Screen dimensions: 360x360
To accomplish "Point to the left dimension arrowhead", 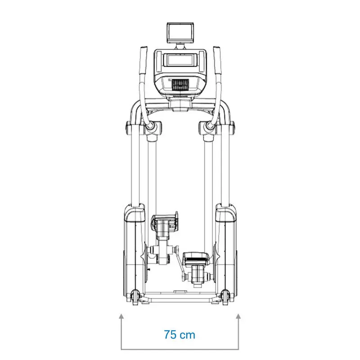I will (121, 317).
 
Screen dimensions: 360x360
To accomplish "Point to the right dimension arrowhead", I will (238, 317).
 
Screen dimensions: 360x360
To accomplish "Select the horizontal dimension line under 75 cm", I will (180, 349).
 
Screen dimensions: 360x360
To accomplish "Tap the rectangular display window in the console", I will (180, 59).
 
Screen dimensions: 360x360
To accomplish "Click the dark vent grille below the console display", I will (180, 85).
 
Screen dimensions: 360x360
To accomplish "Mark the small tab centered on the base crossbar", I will (180, 292).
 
